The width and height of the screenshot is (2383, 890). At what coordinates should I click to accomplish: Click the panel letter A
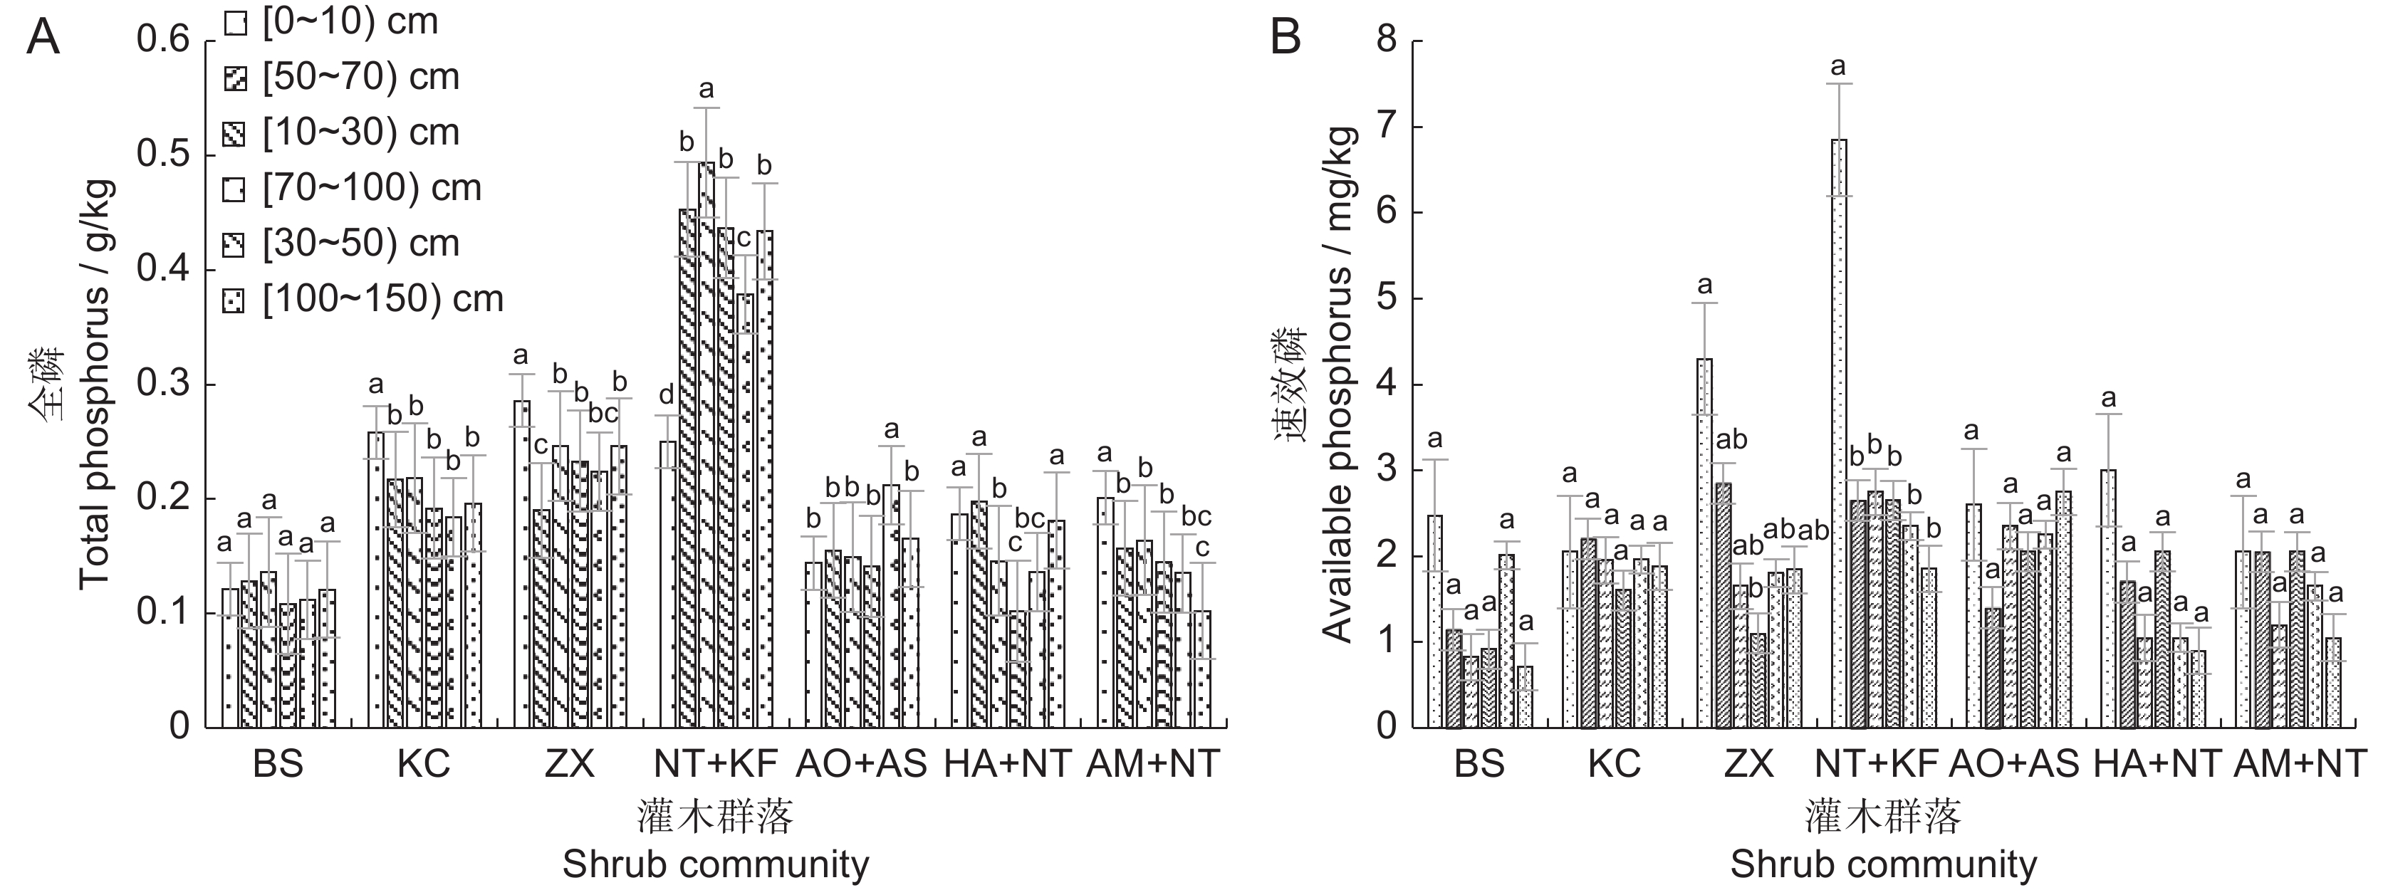click(x=43, y=39)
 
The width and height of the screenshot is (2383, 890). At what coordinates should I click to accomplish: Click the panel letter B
click(x=1286, y=39)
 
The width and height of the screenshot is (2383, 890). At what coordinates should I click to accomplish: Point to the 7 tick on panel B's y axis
click(x=1384, y=127)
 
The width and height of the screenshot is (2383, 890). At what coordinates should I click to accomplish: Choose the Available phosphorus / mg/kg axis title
click(x=1337, y=384)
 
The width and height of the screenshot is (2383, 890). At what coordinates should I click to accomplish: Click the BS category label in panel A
click(x=278, y=764)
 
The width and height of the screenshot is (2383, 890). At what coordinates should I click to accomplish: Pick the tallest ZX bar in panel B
click(x=1704, y=542)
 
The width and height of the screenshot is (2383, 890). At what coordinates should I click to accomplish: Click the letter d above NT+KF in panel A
click(x=666, y=396)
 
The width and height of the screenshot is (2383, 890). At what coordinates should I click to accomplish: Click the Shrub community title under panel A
click(x=715, y=864)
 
